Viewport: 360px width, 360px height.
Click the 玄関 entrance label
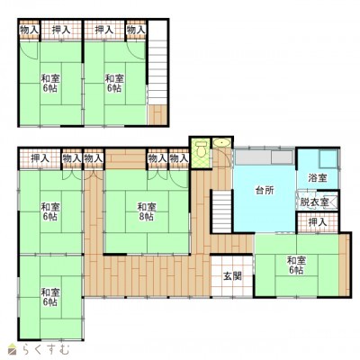(x=232, y=276)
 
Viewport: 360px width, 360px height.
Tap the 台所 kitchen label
(x=265, y=190)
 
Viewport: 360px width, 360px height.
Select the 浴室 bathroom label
(x=318, y=178)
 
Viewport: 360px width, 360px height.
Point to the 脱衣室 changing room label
(x=314, y=202)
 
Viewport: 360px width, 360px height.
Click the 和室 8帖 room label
(x=147, y=211)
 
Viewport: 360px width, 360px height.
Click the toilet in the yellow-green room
(x=201, y=148)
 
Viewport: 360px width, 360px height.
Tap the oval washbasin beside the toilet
(x=221, y=142)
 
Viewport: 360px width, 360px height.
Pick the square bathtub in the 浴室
(x=328, y=158)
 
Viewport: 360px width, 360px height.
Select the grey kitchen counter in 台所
(x=264, y=157)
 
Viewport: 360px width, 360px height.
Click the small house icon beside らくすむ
(x=13, y=348)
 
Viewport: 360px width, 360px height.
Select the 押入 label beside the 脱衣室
(x=318, y=222)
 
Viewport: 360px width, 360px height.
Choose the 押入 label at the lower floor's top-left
(x=40, y=158)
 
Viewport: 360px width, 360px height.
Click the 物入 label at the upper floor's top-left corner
(x=30, y=30)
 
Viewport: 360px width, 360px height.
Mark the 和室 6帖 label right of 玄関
(x=296, y=265)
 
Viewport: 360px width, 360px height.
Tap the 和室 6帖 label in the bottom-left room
(x=50, y=297)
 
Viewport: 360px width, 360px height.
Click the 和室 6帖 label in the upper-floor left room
(x=50, y=84)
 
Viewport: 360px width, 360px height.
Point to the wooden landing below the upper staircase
(x=157, y=114)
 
